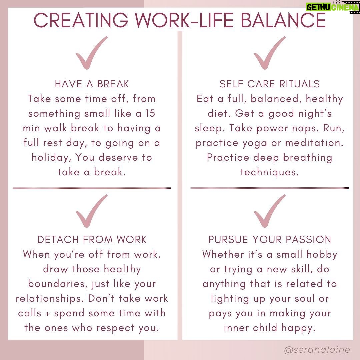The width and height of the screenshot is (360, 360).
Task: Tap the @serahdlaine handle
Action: pyautogui.click(x=317, y=350)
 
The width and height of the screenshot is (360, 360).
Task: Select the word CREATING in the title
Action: pyautogui.click(x=81, y=20)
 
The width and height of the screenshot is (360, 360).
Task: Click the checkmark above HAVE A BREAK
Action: pyautogui.click(x=91, y=53)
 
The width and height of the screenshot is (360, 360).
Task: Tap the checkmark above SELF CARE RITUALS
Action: pyautogui.click(x=270, y=53)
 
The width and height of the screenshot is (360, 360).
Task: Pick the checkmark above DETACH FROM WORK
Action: pyautogui.click(x=91, y=211)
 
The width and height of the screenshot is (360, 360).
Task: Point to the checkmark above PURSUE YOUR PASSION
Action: pyautogui.click(x=270, y=211)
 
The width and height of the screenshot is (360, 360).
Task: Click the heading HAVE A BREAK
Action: pyautogui.click(x=92, y=84)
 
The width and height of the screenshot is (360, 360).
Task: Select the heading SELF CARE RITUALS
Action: pyautogui.click(x=270, y=84)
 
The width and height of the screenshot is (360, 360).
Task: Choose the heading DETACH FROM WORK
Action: pyautogui.click(x=92, y=240)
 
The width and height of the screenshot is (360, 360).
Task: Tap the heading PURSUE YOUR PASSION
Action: pyautogui.click(x=270, y=240)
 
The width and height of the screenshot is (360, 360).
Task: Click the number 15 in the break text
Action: pyautogui.click(x=150, y=113)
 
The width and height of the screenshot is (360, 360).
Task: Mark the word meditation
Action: pyautogui.click(x=314, y=143)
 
